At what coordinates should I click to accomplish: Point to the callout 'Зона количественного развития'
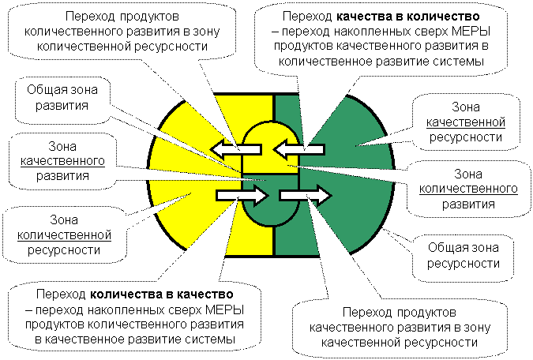(x=466, y=188)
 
